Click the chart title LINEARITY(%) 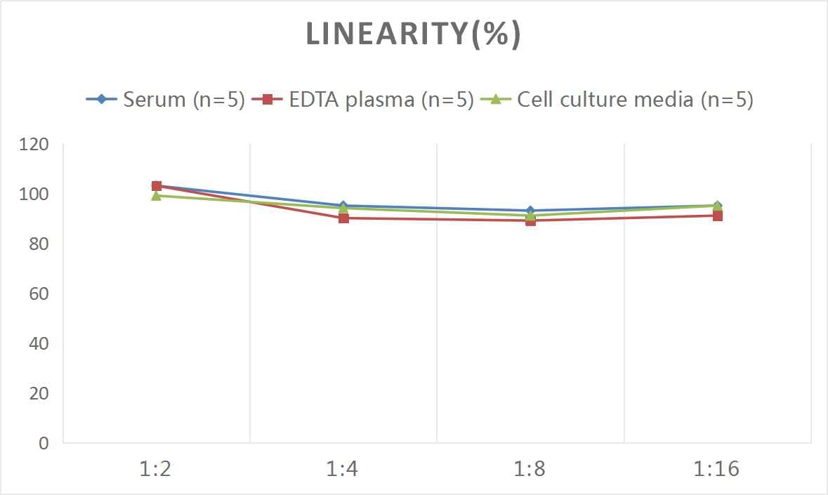coord(413,34)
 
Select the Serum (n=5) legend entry coord(165,99)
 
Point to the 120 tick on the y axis coord(34,145)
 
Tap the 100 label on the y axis coord(34,194)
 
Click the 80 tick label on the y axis coord(38,244)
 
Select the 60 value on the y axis coord(38,293)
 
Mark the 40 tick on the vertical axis coord(38,343)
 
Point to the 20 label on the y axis coord(38,393)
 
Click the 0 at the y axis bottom coord(44,443)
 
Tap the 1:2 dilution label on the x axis coord(156,468)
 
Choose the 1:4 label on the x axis coord(343,468)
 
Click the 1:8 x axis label coord(530,468)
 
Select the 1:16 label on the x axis coord(717,468)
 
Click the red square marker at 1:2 coord(157,186)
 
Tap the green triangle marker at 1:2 coord(157,196)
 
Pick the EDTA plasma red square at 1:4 coord(343,218)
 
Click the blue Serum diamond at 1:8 coord(530,211)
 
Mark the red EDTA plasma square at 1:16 coord(718,216)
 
